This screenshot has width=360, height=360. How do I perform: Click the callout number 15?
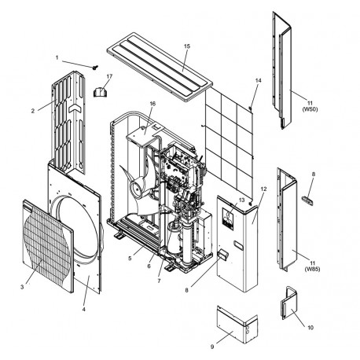pyautogui.click(x=187, y=46)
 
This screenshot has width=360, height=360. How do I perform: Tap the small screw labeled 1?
pyautogui.click(x=95, y=68)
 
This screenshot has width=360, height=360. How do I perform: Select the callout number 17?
pyautogui.click(x=109, y=76)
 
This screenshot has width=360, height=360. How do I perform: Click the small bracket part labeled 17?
pyautogui.click(x=100, y=92)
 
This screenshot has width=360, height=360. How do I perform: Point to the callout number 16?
pyautogui.click(x=152, y=104)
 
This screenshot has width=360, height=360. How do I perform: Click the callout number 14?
pyautogui.click(x=258, y=80)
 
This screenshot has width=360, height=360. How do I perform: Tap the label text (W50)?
pyautogui.click(x=310, y=109)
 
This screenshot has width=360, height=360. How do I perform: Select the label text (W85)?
pyautogui.click(x=312, y=269)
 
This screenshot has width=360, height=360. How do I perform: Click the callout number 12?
pyautogui.click(x=263, y=189)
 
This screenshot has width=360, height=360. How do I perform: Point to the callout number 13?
pyautogui.click(x=241, y=200)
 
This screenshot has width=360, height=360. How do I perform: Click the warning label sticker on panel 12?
pyautogui.click(x=227, y=219)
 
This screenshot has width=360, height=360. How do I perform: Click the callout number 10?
pyautogui.click(x=310, y=328)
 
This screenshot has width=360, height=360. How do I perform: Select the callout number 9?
pyautogui.click(x=212, y=347)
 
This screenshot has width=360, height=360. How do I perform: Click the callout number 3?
pyautogui.click(x=22, y=287)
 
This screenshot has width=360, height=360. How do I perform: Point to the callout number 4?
pyautogui.click(x=83, y=309)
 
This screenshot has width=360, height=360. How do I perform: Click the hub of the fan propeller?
pyautogui.click(x=137, y=189)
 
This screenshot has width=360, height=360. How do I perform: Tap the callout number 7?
pyautogui.click(x=159, y=281)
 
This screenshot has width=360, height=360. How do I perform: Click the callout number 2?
pyautogui.click(x=33, y=111)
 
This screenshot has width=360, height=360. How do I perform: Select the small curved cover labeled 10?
pyautogui.click(x=289, y=303)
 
